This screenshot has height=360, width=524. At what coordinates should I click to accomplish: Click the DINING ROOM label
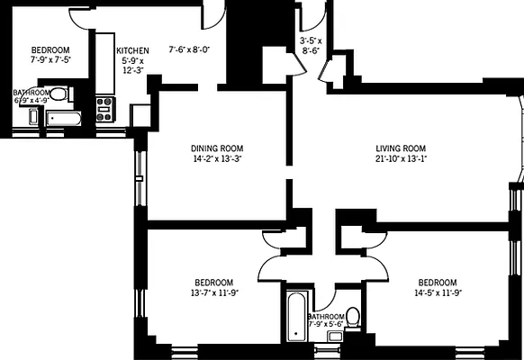click(x=217, y=148)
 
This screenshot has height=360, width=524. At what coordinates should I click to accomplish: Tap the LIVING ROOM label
click(x=401, y=148)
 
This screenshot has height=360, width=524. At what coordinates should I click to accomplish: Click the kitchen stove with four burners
click(x=104, y=109)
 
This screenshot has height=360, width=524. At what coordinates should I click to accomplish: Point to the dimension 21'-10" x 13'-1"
click(x=401, y=158)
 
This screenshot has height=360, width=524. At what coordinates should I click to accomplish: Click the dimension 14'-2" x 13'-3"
click(x=217, y=158)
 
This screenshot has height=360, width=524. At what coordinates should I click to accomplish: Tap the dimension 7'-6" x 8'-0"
click(x=189, y=50)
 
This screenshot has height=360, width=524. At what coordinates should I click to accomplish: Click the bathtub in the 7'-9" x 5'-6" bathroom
click(x=296, y=317)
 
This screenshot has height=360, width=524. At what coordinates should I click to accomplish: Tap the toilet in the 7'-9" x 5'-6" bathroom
click(x=353, y=316)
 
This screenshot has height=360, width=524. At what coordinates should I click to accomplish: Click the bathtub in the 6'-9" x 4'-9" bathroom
click(x=64, y=117)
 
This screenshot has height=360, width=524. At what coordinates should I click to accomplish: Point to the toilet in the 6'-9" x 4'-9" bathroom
click(x=58, y=93)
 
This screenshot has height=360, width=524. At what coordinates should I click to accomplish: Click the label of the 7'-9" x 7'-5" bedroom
click(x=50, y=50)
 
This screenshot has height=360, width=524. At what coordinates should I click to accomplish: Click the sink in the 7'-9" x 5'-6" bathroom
click(x=335, y=337)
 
